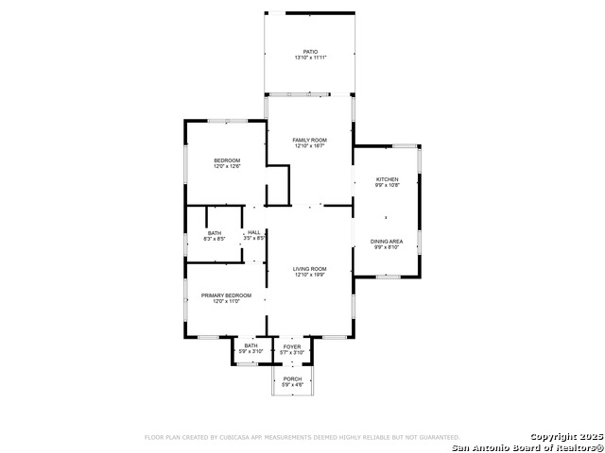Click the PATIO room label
pos(310,52)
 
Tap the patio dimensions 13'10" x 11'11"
pos(310,59)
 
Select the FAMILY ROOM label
pos(309,140)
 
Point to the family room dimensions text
pos(309,146)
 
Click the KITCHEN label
pos(388,179)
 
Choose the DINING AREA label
pos(388,242)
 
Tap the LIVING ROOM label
pos(309,269)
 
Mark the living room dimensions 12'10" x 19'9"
pos(309,276)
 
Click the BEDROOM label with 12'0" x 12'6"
pos(227,160)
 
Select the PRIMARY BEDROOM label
pos(226,295)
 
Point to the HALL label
pos(254,232)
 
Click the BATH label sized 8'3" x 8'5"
pos(215,233)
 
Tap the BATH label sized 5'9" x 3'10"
pos(251,345)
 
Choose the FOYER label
pos(292,346)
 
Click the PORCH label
pos(292,378)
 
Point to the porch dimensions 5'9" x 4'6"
pos(292,385)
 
